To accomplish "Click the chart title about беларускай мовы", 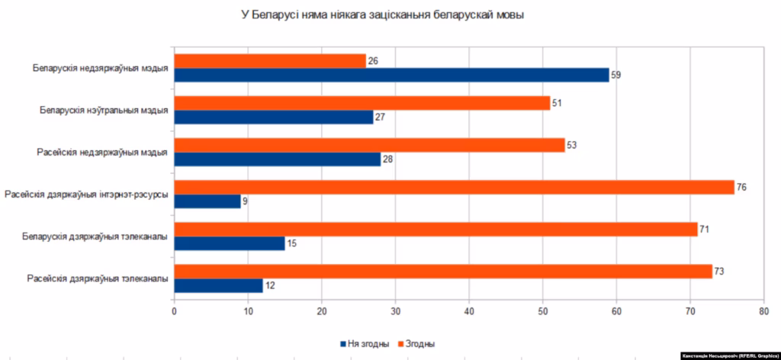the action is [383, 15].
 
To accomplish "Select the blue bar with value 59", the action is [391, 75].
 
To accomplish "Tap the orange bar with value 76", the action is [455, 187].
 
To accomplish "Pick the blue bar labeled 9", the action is [207, 201].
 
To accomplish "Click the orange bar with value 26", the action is [270, 61].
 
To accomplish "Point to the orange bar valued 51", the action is [362, 103].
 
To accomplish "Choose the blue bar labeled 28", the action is [278, 159].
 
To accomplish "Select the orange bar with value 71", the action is [435, 230].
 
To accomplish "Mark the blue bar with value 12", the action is [218, 286].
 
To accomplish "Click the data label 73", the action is [718, 272].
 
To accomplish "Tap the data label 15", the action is [291, 243].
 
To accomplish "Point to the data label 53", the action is [571, 146].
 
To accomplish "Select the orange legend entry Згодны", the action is [416, 343].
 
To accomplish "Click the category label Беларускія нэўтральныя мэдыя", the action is [104, 110].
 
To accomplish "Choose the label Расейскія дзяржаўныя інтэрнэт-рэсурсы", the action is [86, 194].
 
